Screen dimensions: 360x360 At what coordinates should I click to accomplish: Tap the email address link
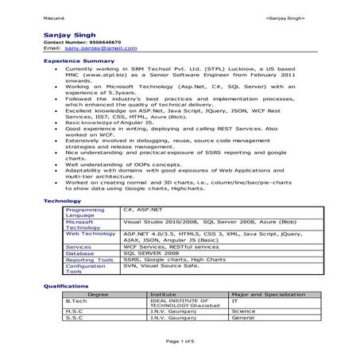pos(90,49)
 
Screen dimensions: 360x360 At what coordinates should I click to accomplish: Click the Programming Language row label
pos(85,212)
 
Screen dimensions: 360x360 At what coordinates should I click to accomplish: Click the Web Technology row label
pos(90,234)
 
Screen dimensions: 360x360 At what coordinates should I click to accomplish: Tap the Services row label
pos(78,247)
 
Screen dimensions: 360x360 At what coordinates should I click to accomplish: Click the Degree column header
pos(98,294)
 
